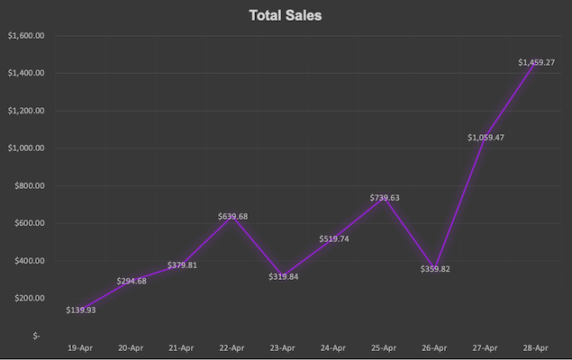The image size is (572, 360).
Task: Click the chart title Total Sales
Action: pyautogui.click(x=285, y=15)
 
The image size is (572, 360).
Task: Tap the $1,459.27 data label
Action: pyautogui.click(x=537, y=62)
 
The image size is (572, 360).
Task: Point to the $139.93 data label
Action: pyautogui.click(x=81, y=310)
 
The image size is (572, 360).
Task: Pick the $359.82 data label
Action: pyautogui.click(x=435, y=268)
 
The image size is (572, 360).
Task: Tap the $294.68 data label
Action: pyautogui.click(x=132, y=281)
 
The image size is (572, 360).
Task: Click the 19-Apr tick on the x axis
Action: pyautogui.click(x=81, y=346)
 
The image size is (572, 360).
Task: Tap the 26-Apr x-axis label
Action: pyautogui.click(x=435, y=346)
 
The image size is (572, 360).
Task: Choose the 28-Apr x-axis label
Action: pyautogui.click(x=537, y=346)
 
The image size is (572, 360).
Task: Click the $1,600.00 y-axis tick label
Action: pyautogui.click(x=25, y=36)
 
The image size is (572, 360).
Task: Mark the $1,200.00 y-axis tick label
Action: pyautogui.click(x=25, y=111)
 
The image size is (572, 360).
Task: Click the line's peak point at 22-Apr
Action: pyautogui.click(x=232, y=216)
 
